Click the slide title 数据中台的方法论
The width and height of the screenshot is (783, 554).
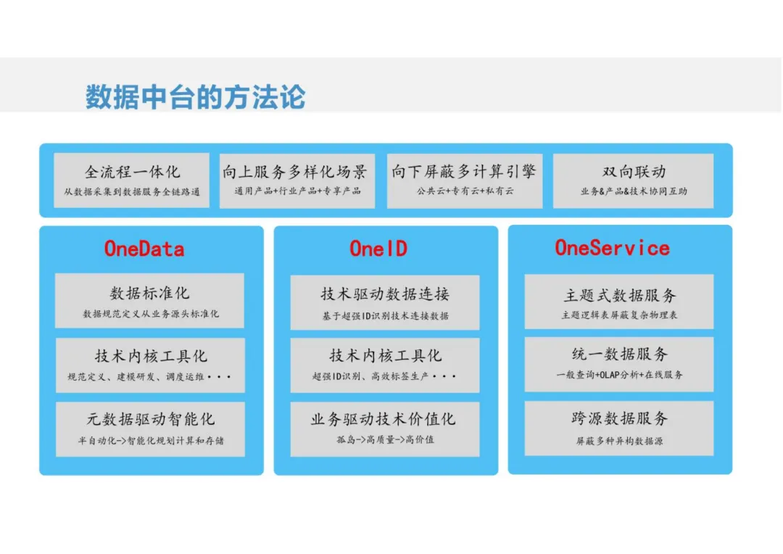195,97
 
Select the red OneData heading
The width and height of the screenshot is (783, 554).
144,249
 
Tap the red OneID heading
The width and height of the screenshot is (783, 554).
378,249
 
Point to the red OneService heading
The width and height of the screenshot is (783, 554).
612,248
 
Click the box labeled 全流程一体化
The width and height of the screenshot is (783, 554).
132,181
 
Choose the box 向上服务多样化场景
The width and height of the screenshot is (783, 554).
297,181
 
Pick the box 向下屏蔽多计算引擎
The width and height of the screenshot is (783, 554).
464,181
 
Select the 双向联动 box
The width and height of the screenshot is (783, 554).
633,181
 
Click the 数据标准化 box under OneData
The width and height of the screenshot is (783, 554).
150,301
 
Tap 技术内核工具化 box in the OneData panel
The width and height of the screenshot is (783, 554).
150,365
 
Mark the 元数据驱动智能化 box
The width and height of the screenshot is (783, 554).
150,429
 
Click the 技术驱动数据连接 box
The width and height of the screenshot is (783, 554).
385,302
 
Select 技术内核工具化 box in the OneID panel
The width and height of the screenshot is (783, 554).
385,365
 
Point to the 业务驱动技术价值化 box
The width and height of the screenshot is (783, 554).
385,429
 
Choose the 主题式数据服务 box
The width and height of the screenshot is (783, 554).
619,302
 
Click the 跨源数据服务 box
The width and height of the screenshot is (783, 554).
619,428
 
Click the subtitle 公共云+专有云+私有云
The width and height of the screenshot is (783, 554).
465,191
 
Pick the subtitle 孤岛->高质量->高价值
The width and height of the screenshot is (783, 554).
385,439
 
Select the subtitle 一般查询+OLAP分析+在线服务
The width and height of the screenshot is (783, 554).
619,375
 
